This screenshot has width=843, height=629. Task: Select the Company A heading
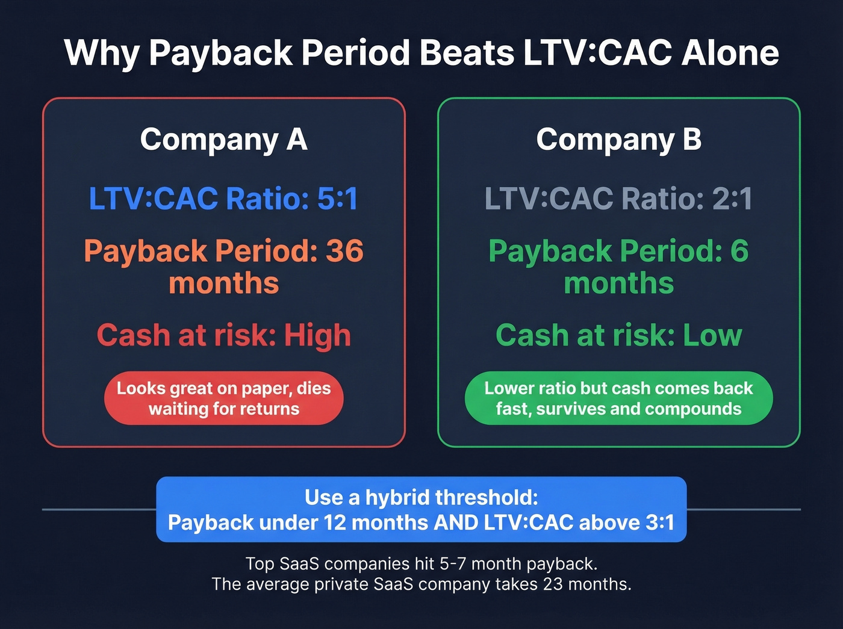[x=224, y=140]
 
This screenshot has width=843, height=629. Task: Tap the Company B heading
[x=619, y=140]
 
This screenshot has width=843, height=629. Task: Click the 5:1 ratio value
[x=338, y=199]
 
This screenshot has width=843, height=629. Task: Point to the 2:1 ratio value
[x=732, y=199]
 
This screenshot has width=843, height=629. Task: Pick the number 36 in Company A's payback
[x=344, y=251]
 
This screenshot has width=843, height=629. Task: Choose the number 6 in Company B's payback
[x=739, y=251]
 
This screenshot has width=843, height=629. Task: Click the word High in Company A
[x=317, y=335]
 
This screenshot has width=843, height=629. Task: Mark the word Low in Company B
[x=712, y=335]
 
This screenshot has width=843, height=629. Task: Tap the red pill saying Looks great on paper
[x=224, y=398]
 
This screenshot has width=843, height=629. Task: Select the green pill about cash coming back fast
[x=619, y=398]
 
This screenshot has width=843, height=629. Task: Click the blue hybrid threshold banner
[x=421, y=509]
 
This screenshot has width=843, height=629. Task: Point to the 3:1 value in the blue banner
[x=659, y=522]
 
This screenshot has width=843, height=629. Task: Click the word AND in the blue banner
[x=456, y=522]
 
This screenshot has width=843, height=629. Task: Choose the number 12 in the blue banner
[x=335, y=522]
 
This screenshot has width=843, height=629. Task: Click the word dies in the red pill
[x=314, y=388]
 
